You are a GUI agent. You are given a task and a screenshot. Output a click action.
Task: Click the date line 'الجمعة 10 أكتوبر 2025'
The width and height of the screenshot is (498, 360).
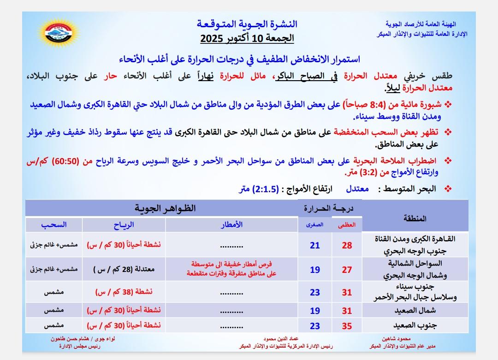point(247,38)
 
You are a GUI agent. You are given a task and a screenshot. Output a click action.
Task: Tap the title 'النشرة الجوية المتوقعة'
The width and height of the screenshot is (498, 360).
point(247,24)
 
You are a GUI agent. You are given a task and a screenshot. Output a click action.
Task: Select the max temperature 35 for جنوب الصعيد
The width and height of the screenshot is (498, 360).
point(347,326)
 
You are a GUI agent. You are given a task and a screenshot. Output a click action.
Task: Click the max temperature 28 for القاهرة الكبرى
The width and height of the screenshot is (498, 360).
point(347,246)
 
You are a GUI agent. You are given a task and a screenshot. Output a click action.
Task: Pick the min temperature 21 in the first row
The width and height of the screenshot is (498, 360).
point(315,246)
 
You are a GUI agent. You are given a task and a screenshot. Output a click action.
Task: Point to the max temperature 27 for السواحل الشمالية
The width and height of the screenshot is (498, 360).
point(347,270)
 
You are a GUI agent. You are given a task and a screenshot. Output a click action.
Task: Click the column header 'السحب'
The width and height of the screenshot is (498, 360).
point(53,224)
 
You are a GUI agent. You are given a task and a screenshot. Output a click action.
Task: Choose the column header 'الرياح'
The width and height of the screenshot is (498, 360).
point(124,224)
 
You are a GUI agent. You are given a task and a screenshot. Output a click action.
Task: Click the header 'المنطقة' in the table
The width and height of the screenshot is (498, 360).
point(415,218)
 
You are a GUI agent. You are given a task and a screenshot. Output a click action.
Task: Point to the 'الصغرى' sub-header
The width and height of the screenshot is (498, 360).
point(315,225)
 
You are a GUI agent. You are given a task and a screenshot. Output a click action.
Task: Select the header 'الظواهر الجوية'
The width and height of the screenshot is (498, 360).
point(165,208)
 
